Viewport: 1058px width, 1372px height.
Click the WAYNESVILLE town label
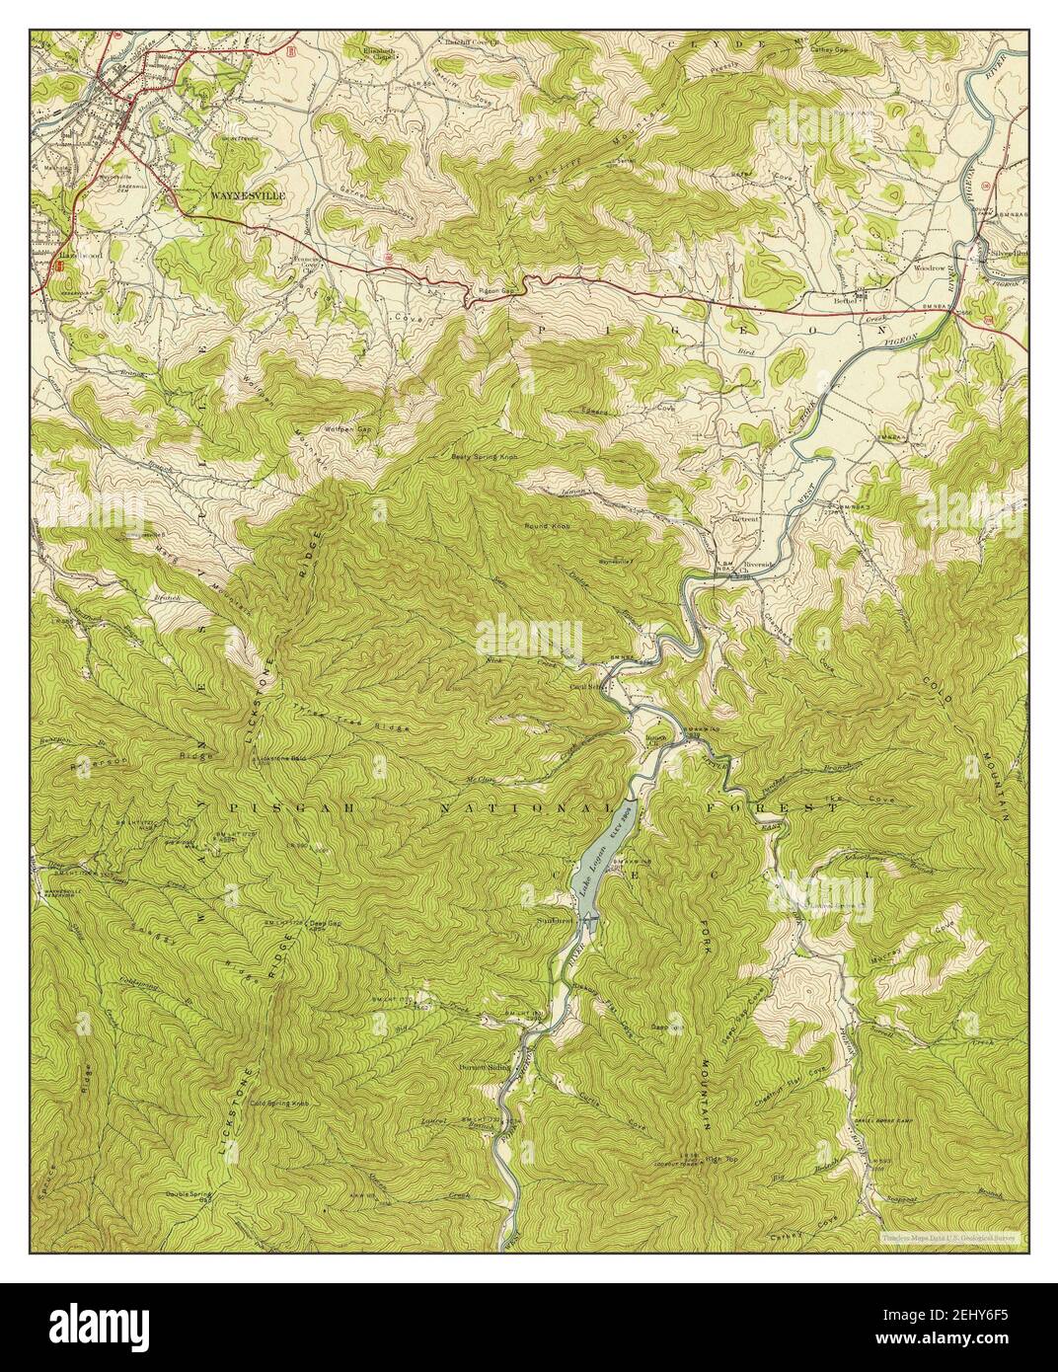coord(247,195)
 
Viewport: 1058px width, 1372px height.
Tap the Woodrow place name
coord(930,267)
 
